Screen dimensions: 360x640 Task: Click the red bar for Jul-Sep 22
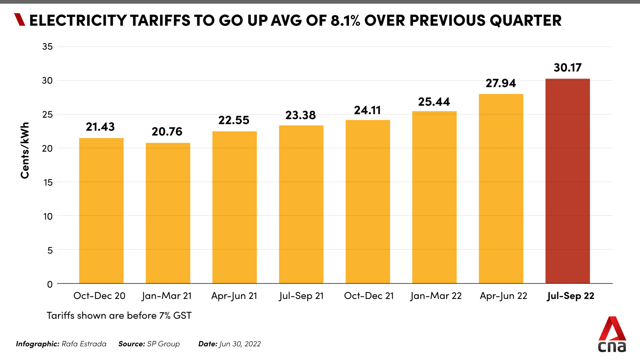coord(567,181)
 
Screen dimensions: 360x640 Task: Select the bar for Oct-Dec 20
coord(101,211)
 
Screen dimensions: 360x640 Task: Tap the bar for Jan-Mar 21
coord(168,213)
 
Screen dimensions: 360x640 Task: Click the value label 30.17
coord(567,67)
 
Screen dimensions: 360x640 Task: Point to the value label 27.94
coord(500,83)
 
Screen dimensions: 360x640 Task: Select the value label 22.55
coord(234,120)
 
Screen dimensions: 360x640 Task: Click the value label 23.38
coord(300,115)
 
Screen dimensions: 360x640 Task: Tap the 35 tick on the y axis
coord(47,46)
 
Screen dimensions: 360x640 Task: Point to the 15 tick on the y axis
coord(47,182)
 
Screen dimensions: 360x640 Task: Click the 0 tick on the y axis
coord(50,284)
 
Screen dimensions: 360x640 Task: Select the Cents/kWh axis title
coord(25,150)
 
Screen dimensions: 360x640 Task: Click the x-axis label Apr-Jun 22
coord(503,296)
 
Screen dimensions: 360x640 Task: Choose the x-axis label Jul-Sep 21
coord(301,296)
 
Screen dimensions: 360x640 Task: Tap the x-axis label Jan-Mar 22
coord(436,296)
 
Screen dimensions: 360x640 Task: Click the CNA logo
coord(612,334)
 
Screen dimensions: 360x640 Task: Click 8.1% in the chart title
coord(345,20)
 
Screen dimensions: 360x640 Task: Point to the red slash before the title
coord(20,20)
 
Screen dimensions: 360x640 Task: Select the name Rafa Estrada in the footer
coord(84,344)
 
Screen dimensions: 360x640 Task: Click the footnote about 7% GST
coord(119,315)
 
